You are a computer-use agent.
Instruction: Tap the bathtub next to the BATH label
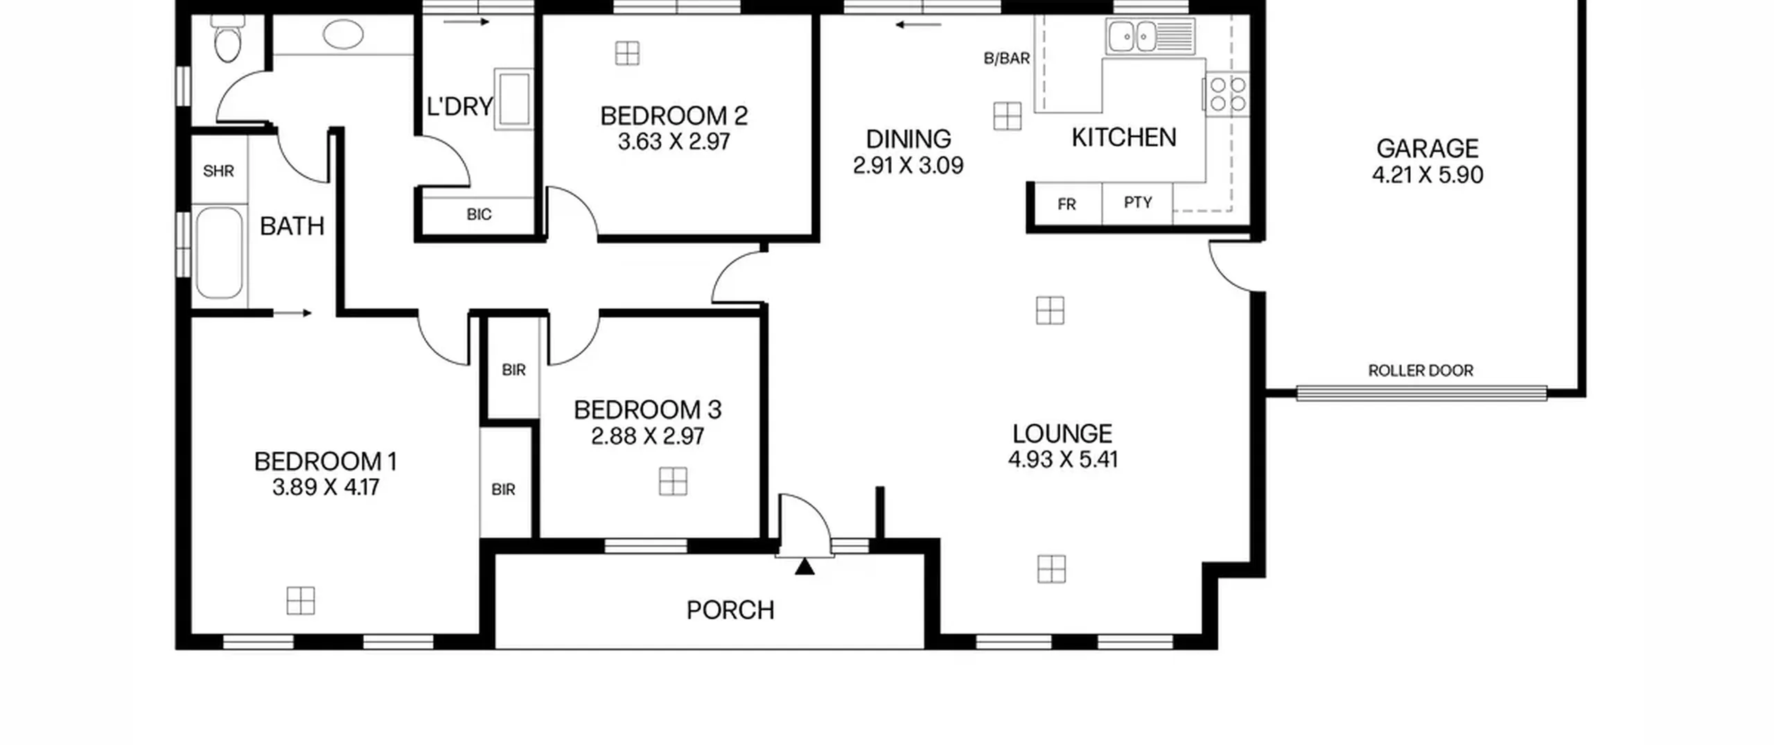pos(219,253)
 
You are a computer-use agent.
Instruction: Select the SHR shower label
pos(218,170)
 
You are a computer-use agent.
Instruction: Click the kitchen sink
pos(1150,35)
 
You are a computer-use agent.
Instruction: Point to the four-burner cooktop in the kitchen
pos(1227,94)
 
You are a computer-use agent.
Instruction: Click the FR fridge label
pos(1066,204)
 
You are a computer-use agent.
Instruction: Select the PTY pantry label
pos(1138,202)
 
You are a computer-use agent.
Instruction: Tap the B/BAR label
pos(1007,59)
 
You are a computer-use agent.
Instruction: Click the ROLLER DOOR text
pos(1421,371)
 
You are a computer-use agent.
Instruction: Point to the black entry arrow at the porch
pos(805,567)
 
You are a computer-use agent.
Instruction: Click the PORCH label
pos(730,611)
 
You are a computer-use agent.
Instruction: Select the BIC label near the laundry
pos(479,215)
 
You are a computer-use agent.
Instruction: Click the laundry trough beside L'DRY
pos(513,98)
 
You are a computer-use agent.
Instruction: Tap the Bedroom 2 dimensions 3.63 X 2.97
pos(674,142)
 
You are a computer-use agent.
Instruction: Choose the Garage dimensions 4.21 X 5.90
pos(1428,175)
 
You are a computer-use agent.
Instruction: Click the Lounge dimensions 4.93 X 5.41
pos(1063,459)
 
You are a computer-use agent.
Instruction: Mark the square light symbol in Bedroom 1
pos(301,601)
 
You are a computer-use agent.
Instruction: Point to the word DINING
pos(908,139)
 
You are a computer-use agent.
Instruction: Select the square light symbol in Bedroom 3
pos(673,482)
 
